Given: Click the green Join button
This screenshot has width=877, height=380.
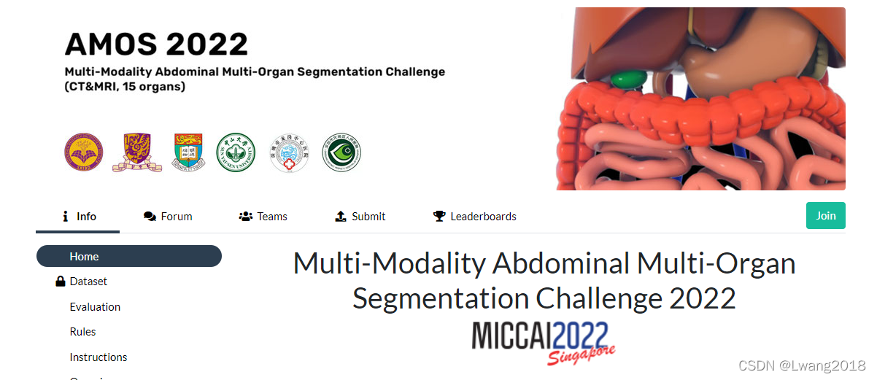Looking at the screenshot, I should [825, 216].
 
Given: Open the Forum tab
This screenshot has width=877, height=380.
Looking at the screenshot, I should [169, 217].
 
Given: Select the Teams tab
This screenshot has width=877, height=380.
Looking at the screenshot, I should [263, 217].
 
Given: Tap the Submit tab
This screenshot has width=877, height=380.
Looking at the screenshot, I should [360, 217].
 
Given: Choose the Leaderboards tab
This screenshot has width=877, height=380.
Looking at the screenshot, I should [475, 217].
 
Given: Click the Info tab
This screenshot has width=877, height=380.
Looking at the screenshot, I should [78, 217].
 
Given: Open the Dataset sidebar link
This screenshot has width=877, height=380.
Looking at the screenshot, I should [88, 282].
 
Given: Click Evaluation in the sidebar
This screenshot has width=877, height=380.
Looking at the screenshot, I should [95, 307].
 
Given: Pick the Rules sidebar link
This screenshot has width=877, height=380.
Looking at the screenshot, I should [82, 332].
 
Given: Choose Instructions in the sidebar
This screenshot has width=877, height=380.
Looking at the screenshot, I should [98, 357].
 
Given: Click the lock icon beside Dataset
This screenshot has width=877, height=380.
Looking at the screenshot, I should [61, 282].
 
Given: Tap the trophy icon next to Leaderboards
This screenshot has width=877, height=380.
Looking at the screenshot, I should [439, 217].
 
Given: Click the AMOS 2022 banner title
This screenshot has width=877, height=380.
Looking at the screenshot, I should [156, 45].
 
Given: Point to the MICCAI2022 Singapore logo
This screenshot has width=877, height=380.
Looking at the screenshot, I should [543, 341].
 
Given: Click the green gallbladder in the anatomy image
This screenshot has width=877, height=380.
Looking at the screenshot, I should [627, 79].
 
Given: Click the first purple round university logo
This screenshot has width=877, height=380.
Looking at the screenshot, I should [84, 152].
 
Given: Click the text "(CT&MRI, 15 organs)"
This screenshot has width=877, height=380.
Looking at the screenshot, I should [125, 87].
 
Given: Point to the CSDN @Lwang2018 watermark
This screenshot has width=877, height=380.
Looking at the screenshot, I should [802, 365].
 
